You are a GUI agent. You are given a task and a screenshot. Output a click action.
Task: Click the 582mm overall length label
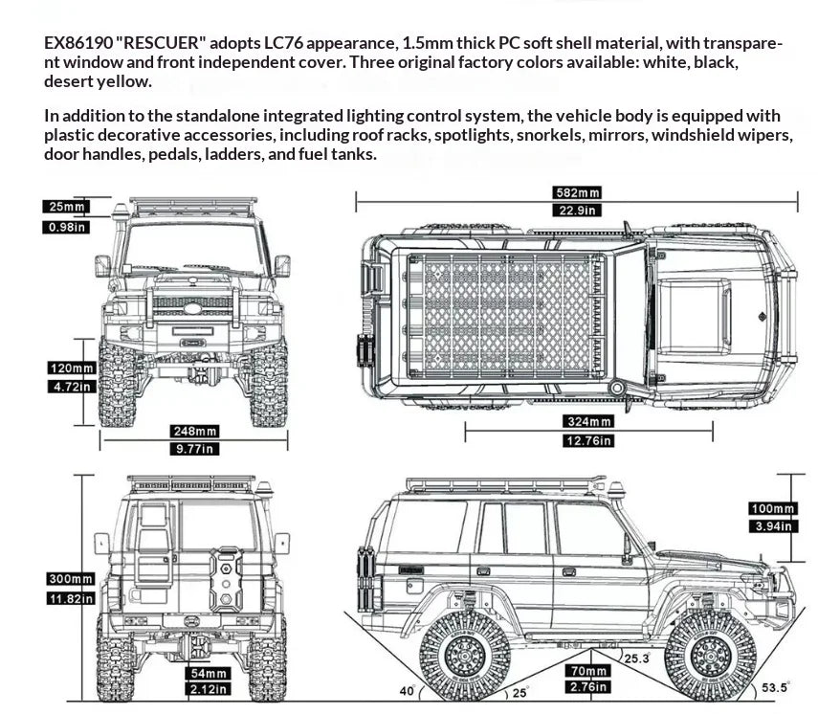(577, 192)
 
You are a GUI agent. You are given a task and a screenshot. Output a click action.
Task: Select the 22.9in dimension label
(577, 211)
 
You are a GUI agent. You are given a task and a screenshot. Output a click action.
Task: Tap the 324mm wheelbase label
(588, 421)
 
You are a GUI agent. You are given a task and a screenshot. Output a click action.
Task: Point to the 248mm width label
(194, 431)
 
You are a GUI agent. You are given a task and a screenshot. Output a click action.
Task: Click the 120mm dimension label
(72, 368)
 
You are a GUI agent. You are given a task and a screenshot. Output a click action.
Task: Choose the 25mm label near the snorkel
(66, 207)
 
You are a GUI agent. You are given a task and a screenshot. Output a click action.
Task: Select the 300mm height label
(71, 579)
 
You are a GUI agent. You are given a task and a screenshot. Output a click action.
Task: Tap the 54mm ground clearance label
(208, 673)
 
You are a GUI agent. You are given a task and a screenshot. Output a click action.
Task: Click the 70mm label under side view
(588, 671)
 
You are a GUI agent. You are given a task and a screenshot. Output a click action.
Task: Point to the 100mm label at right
(773, 508)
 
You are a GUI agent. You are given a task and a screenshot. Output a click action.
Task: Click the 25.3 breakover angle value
(637, 658)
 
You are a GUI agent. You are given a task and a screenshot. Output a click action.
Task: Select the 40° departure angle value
(408, 691)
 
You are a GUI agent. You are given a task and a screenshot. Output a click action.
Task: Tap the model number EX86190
(78, 43)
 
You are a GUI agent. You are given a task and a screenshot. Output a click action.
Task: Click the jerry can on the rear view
(226, 578)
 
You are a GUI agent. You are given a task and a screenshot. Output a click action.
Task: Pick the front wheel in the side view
(711, 657)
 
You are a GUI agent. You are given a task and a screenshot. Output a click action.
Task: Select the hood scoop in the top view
(694, 315)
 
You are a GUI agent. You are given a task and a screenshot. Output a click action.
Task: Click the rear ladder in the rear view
(154, 543)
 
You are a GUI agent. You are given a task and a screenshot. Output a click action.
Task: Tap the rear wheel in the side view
(465, 657)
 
